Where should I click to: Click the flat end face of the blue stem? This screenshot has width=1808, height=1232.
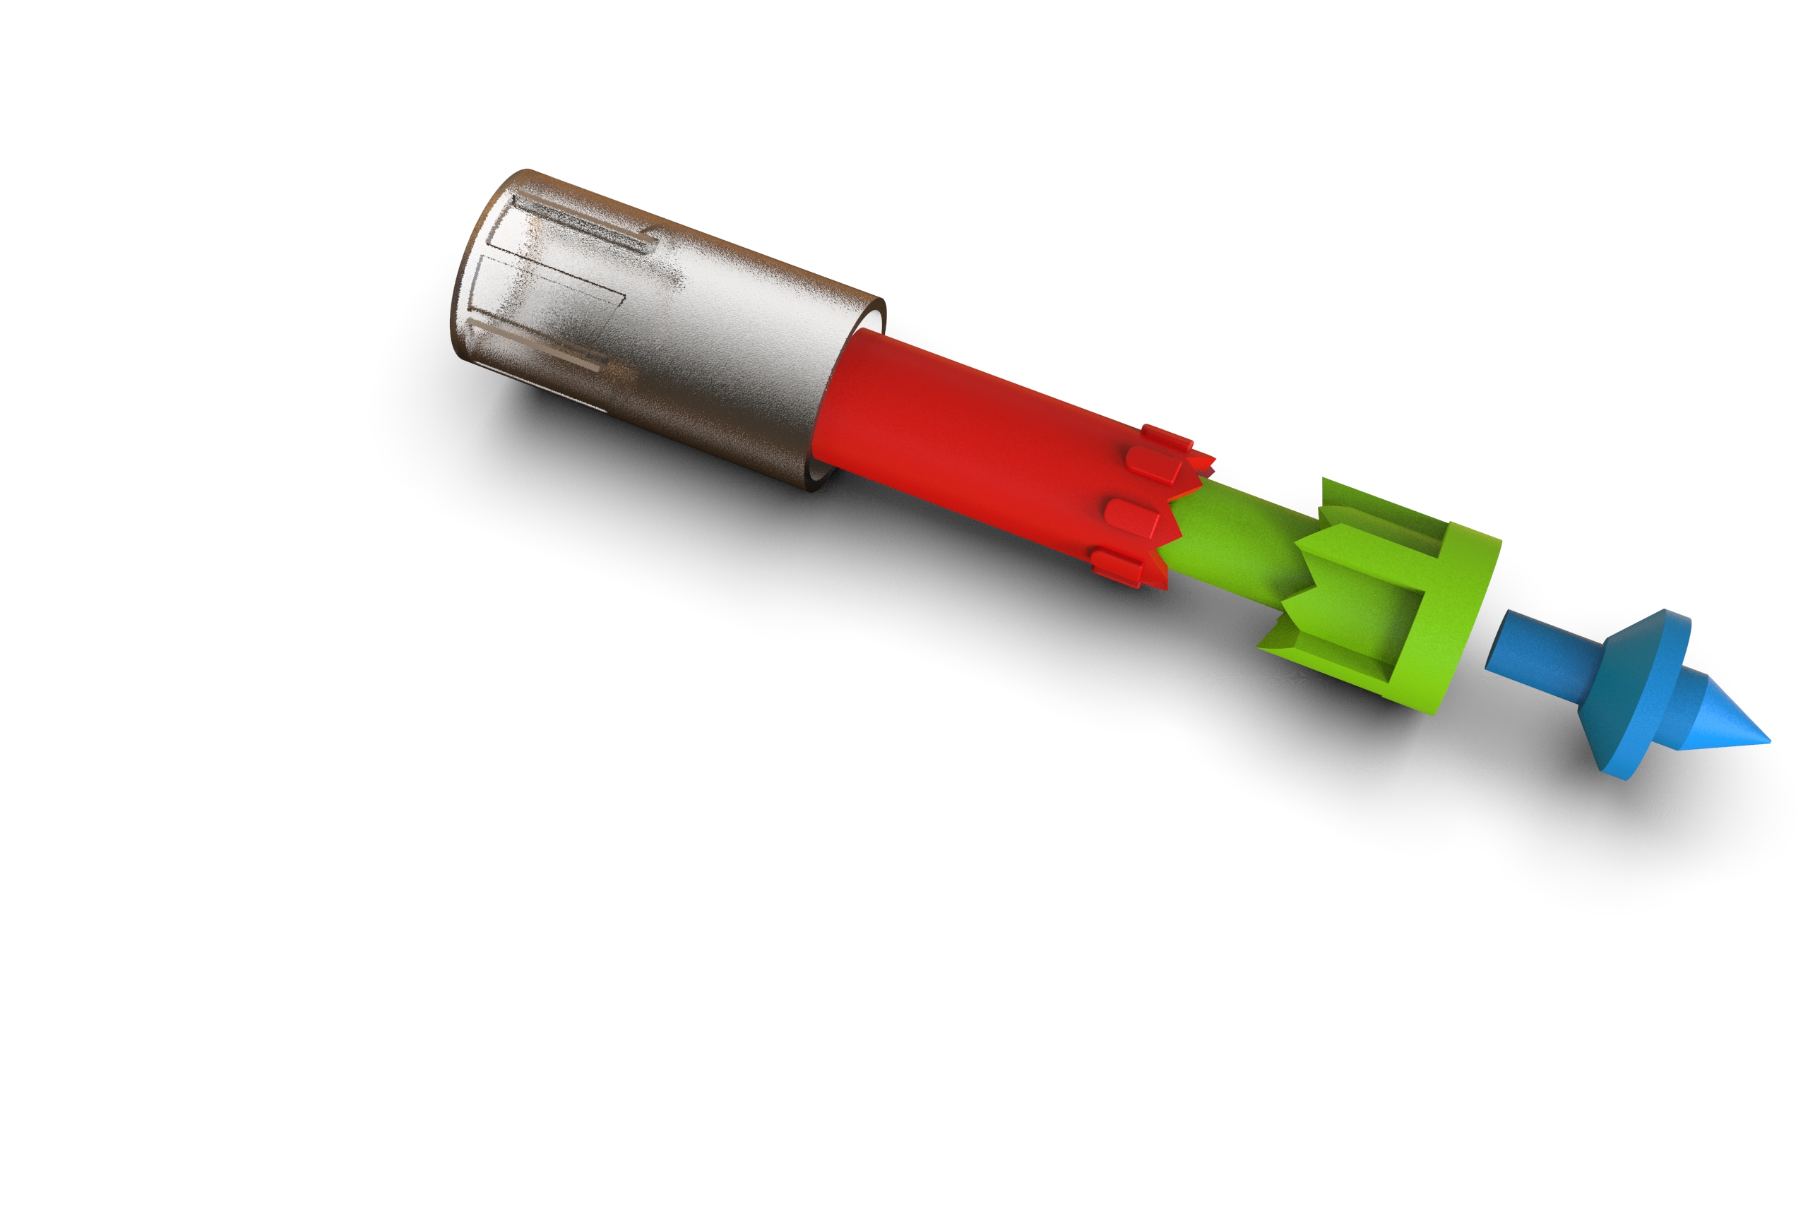(1497, 642)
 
